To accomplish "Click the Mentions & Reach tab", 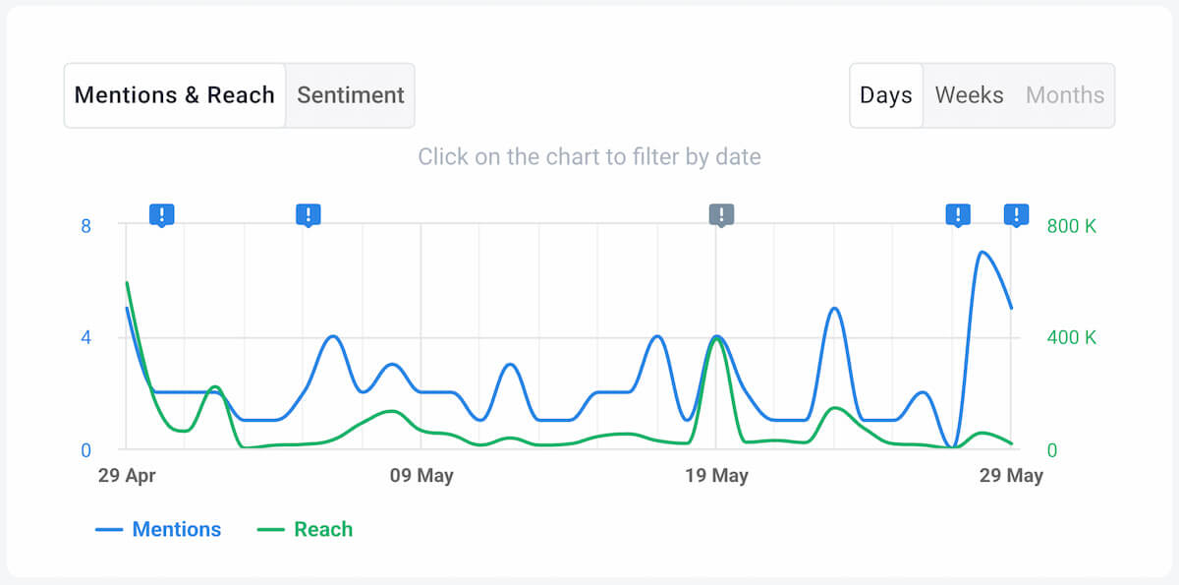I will (x=175, y=95).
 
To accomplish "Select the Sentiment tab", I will (x=351, y=95).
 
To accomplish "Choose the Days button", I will (x=885, y=95).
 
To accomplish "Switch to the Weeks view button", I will (x=969, y=95).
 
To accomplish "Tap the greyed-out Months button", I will (x=1065, y=95).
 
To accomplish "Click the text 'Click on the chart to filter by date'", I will (x=589, y=156).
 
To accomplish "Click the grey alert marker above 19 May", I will (x=721, y=214).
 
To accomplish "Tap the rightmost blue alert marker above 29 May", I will (x=1016, y=214).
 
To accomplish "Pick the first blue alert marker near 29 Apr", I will (x=161, y=214).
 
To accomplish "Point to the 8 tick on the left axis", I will (x=85, y=226).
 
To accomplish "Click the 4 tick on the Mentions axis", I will (x=85, y=338).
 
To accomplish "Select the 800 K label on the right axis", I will (x=1071, y=226).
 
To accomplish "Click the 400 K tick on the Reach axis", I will (x=1071, y=338).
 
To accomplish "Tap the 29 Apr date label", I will (x=127, y=476).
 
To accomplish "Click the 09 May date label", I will (x=421, y=476).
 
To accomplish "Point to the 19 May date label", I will (x=716, y=476).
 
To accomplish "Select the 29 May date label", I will (x=1011, y=476).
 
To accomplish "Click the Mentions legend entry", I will (x=159, y=529).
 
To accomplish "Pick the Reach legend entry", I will (x=306, y=529).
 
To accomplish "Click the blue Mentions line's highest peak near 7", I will (x=982, y=252).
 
